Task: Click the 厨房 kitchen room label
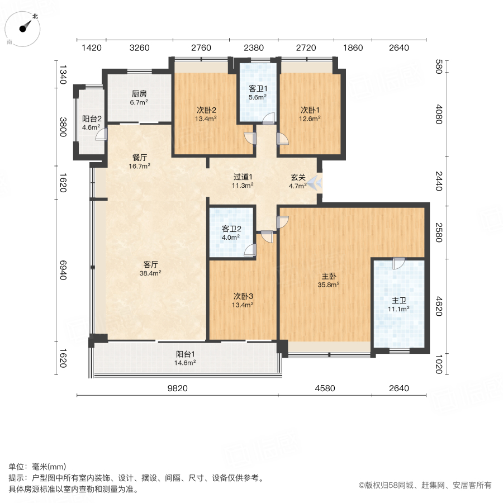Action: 139,94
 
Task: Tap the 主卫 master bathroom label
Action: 399,299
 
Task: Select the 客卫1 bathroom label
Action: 258,88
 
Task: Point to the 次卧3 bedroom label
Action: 244,296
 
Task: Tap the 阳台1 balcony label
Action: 186,354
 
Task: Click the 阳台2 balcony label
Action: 92,118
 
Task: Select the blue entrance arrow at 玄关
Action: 314,182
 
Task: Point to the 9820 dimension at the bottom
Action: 177,388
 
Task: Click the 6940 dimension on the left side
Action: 63,271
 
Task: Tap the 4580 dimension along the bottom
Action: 325,388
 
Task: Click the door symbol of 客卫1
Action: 269,117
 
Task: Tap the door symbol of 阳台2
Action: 101,134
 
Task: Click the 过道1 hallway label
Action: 243,177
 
